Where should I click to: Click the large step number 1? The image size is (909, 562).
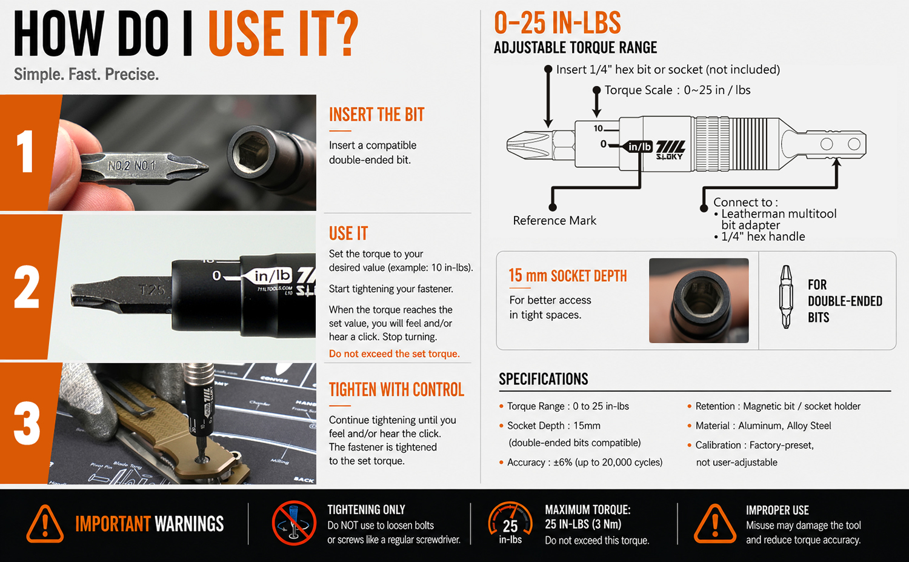tap(25, 151)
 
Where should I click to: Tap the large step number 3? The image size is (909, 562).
tap(27, 423)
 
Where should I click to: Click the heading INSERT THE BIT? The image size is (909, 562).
tap(376, 115)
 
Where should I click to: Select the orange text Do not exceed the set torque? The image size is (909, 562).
tap(394, 353)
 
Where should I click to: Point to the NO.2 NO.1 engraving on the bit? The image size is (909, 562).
tap(132, 166)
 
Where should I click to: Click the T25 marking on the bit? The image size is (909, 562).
tap(152, 290)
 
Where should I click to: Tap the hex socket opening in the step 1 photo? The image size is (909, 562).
tap(251, 150)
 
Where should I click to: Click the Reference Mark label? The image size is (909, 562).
tap(554, 221)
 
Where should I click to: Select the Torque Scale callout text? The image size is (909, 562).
tap(678, 90)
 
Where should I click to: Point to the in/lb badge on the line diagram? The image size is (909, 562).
tap(639, 146)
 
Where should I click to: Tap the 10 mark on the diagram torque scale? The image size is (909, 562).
tap(598, 129)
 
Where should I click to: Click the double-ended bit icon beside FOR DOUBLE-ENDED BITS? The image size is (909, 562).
tap(786, 297)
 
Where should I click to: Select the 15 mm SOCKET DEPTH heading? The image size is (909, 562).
tap(568, 276)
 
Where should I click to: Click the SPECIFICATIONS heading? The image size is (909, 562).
tap(544, 379)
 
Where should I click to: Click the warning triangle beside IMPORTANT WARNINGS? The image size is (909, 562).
tap(45, 524)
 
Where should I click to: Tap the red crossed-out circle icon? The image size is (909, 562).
tap(294, 523)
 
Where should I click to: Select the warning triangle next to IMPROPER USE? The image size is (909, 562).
tap(715, 524)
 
